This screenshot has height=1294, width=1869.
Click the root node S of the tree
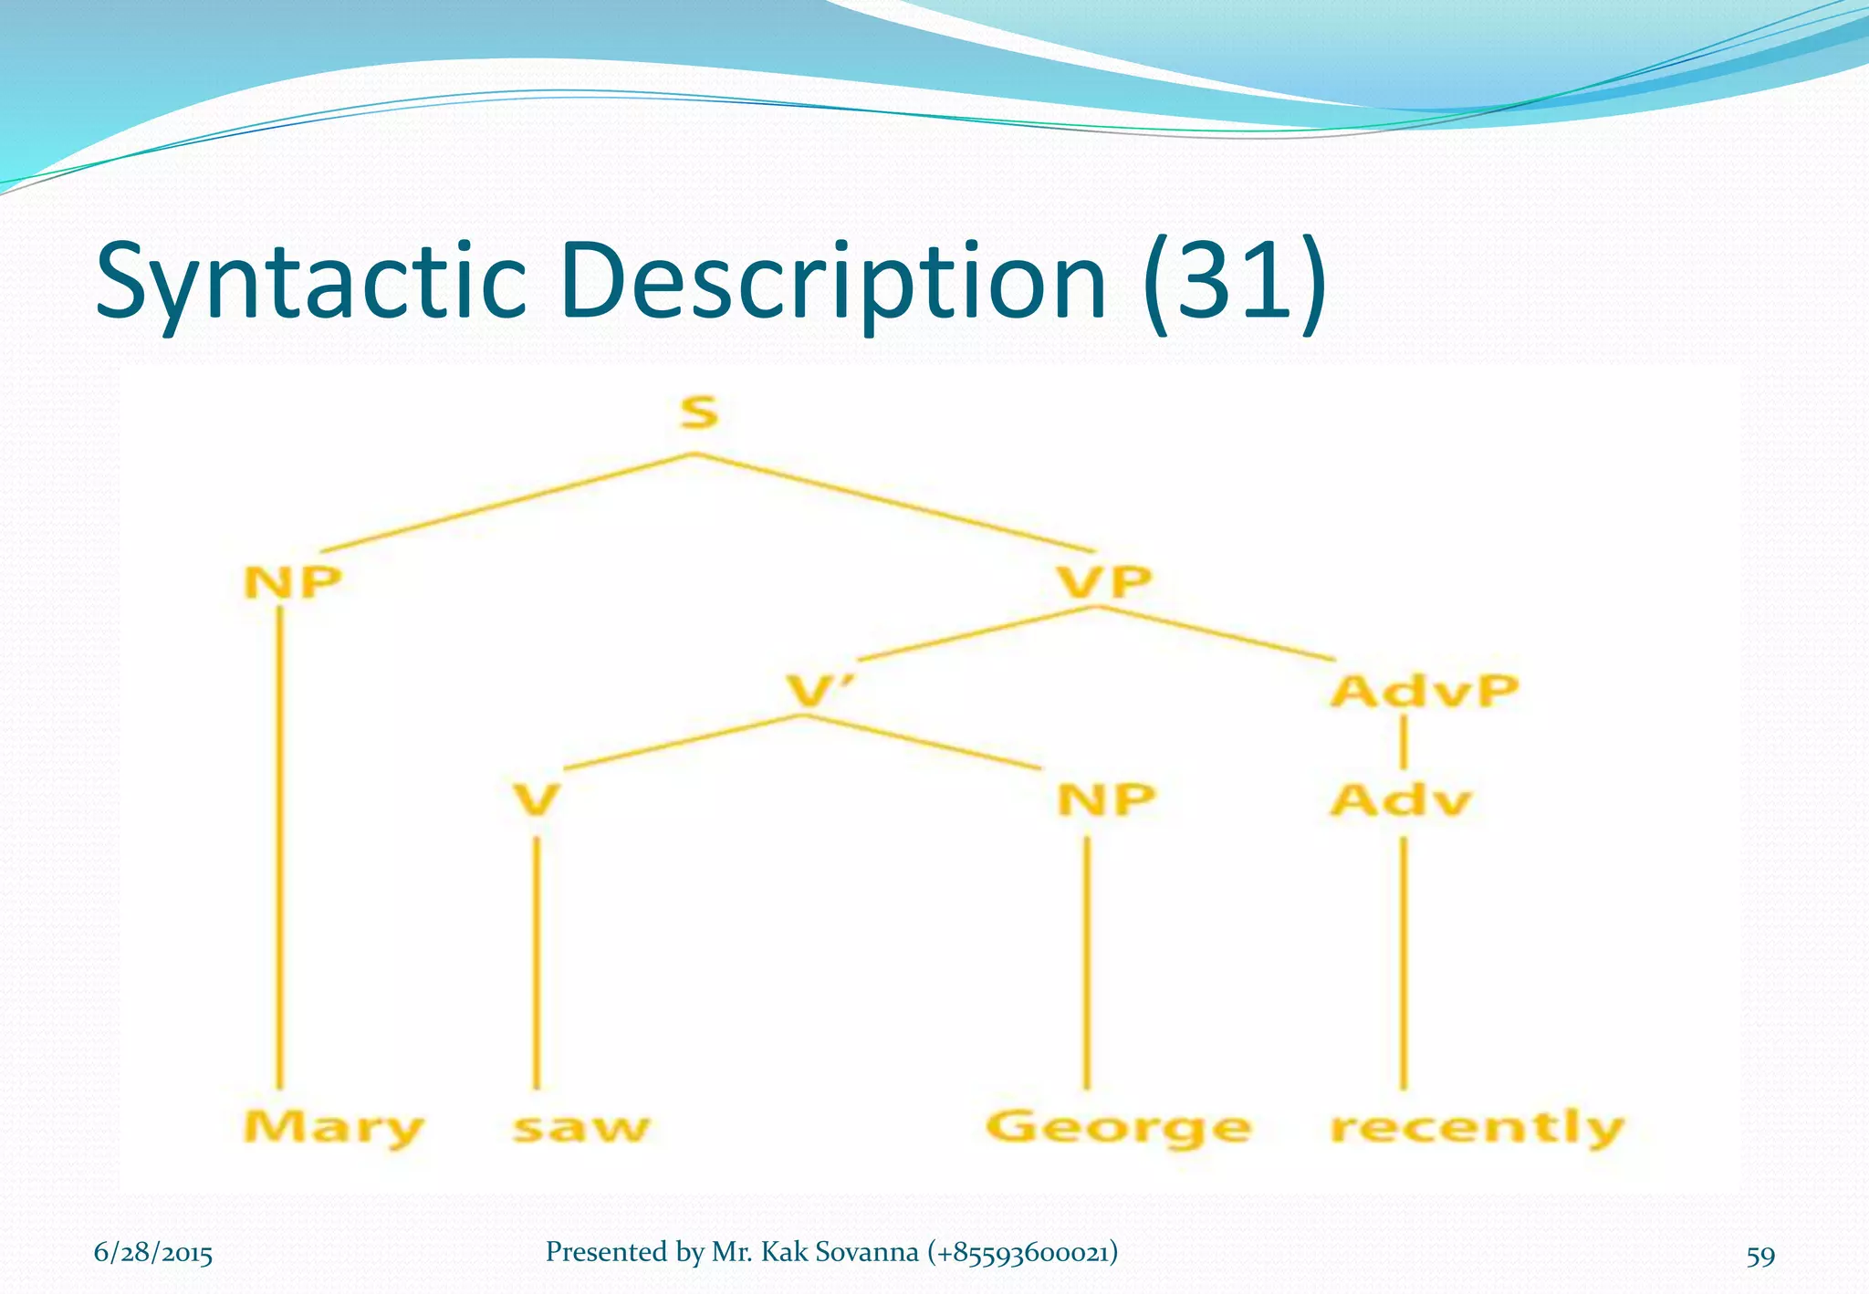(x=699, y=413)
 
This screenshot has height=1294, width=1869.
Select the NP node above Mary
(x=292, y=581)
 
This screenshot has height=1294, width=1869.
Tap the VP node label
(x=1104, y=581)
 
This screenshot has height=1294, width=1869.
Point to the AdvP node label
(x=1424, y=691)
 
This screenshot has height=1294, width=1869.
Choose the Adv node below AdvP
(x=1401, y=800)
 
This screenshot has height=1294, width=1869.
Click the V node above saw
(x=536, y=800)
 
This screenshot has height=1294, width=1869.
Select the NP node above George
(x=1106, y=800)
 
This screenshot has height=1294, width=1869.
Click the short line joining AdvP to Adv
(x=1403, y=743)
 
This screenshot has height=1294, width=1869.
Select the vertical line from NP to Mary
(x=279, y=849)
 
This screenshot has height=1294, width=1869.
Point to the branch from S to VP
(x=894, y=502)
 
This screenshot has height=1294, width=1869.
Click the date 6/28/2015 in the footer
(x=153, y=1253)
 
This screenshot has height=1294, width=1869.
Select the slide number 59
(x=1760, y=1256)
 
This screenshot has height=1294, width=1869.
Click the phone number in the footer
(x=1022, y=1252)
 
